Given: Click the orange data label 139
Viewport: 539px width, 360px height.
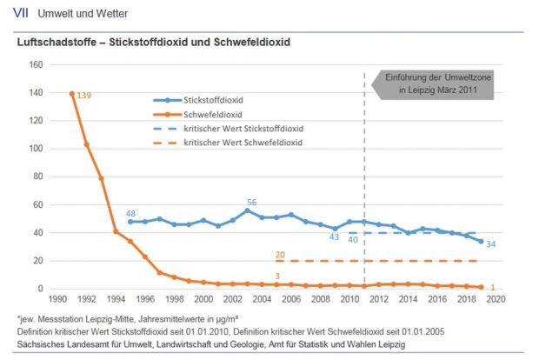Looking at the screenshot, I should [84, 95].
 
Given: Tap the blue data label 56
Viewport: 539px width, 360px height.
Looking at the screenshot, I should [251, 203].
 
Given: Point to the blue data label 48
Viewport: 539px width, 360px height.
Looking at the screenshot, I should [130, 214].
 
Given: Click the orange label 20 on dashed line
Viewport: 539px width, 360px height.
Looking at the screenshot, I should [280, 255].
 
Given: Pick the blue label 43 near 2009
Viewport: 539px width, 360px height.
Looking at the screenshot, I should [333, 237].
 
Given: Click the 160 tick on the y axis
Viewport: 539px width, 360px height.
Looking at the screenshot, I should [36, 65].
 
